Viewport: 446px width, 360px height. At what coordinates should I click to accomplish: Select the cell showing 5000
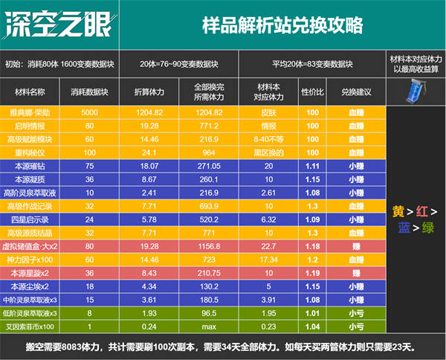pos(89,112)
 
